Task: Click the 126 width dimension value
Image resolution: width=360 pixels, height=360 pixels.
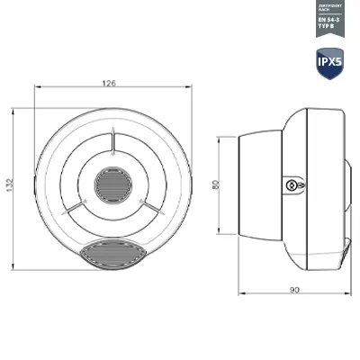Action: (109, 84)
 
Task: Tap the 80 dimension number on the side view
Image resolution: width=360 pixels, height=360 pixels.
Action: (214, 185)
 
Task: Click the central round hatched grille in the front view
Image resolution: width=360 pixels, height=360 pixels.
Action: (112, 185)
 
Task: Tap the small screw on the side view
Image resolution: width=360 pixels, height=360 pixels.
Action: (292, 184)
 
